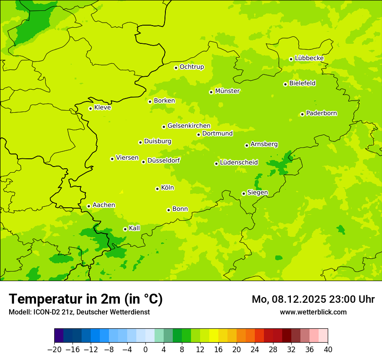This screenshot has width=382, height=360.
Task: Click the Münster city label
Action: (227, 91)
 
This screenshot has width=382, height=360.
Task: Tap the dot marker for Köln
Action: (157, 189)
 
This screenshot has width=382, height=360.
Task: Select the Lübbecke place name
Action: (309, 58)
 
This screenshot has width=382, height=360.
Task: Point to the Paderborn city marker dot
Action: (302, 114)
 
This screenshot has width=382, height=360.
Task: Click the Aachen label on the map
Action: (104, 205)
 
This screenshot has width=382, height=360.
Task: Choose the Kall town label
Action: (135, 228)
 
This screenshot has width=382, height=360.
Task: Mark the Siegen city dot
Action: (244, 193)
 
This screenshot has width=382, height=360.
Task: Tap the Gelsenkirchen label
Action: (189, 126)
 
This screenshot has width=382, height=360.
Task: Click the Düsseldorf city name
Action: (164, 160)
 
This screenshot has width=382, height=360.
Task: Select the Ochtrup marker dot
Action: (176, 68)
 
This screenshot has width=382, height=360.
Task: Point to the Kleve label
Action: (102, 108)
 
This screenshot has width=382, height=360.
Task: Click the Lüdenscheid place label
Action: (239, 163)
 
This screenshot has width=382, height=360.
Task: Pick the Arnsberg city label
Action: (264, 144)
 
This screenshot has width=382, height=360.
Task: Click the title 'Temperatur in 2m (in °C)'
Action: (86, 299)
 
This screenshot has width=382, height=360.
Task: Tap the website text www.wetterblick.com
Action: (313, 312)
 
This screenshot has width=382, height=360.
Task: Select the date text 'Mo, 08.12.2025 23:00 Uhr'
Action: (313, 299)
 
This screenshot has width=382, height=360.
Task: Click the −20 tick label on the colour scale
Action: (54, 350)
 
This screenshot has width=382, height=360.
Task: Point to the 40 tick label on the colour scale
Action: (328, 350)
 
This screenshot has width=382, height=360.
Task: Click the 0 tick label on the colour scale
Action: (145, 350)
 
